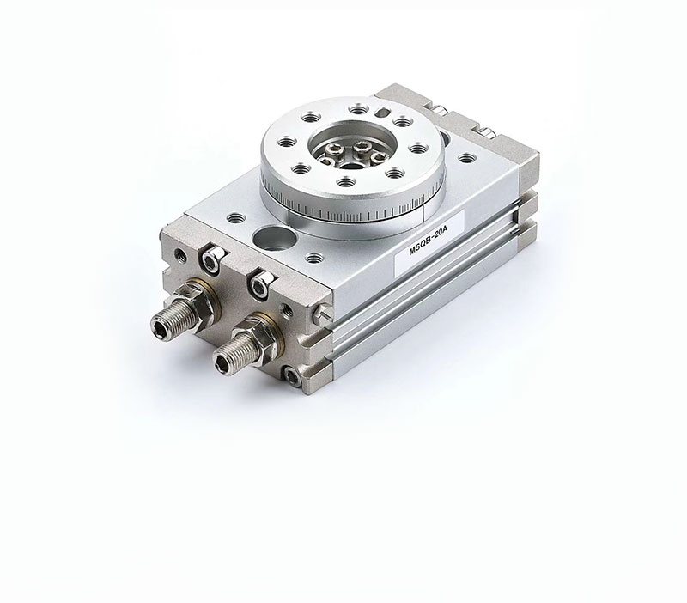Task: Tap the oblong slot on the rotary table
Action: [x=382, y=113]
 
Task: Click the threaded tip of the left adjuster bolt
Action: [x=161, y=325]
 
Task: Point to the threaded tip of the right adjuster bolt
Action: [x=224, y=361]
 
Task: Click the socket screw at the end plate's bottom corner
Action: [x=292, y=376]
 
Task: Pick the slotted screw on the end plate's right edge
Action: [x=323, y=313]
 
